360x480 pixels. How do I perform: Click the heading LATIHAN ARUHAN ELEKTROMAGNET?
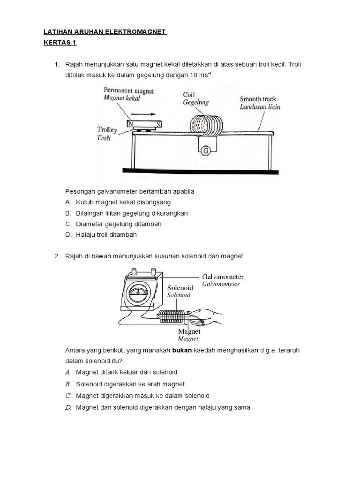click(x=105, y=31)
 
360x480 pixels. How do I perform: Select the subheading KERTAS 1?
click(x=60, y=43)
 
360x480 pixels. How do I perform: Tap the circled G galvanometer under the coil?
click(x=205, y=150)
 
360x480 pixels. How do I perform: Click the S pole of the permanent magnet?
click(x=159, y=124)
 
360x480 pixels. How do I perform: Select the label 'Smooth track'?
click(x=258, y=99)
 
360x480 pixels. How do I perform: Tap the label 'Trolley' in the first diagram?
click(x=107, y=129)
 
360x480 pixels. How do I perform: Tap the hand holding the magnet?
click(x=206, y=317)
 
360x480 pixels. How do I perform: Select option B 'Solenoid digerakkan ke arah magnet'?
click(x=130, y=384)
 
